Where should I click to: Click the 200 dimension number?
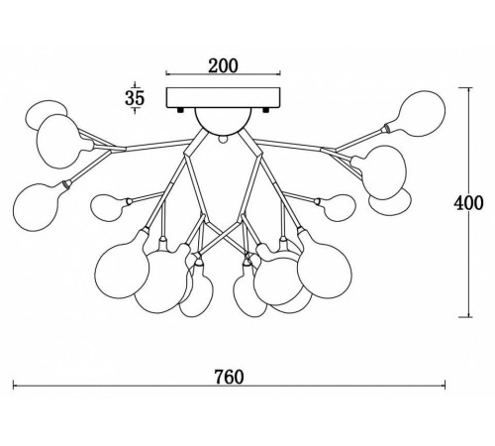pos(223,66)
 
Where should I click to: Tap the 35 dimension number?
pos(135,98)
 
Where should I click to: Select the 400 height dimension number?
pos(468,203)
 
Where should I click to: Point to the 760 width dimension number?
pos(230,377)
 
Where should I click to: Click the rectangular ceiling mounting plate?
pos(223,98)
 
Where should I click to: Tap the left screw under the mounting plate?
pos(180,110)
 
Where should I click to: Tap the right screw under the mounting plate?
pos(266,110)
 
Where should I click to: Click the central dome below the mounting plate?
pos(223,122)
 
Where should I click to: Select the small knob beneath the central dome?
pos(224,140)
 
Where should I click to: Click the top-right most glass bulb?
pos(423,113)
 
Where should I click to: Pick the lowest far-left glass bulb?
pos(36,207)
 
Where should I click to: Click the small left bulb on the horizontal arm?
pos(107,207)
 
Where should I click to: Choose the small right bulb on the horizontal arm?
pos(340,207)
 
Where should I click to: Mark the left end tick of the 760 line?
pos(13,385)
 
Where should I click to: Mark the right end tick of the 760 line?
pos(445,385)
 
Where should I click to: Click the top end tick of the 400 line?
pos(466,88)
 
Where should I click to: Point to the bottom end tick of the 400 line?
pos(466,317)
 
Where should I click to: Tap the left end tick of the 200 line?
pos(166,73)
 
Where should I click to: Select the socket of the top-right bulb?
pos(386,128)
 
